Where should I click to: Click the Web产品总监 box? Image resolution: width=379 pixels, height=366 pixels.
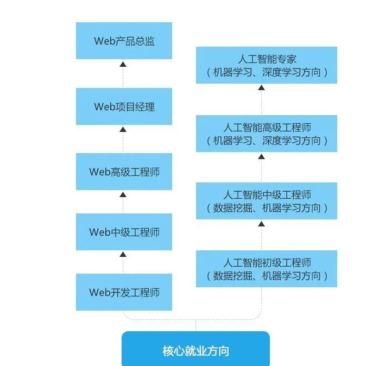coord(124,41)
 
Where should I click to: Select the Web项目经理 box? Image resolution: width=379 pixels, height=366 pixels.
coord(124,106)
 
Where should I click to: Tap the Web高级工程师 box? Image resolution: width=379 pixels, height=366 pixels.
coord(124,172)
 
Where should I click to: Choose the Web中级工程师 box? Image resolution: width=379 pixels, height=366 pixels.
coord(124,232)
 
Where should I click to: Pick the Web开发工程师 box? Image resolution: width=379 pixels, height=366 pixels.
coord(124,292)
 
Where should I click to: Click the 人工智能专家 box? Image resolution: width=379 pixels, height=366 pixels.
coord(266,65)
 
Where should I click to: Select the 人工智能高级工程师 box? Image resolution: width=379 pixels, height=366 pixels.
coord(266,134)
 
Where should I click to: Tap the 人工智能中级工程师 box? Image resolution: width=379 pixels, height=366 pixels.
coord(266,201)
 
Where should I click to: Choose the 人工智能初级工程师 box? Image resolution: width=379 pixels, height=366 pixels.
coord(266,269)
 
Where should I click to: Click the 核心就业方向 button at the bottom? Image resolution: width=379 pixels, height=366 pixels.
coord(195,350)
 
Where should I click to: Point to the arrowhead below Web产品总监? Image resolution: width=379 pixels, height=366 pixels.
coord(123,64)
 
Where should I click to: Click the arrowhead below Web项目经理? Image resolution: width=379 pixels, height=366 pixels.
coord(123,130)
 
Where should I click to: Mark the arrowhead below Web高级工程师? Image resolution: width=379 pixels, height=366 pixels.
coord(123,194)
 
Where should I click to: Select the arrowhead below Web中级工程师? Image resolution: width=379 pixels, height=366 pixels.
coord(123,254)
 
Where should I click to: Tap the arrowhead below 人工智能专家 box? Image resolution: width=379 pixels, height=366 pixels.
coord(261,88)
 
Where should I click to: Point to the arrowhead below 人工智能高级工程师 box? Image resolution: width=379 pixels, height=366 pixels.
coord(261,156)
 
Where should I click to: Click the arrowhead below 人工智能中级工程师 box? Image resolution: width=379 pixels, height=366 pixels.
coord(261,224)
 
